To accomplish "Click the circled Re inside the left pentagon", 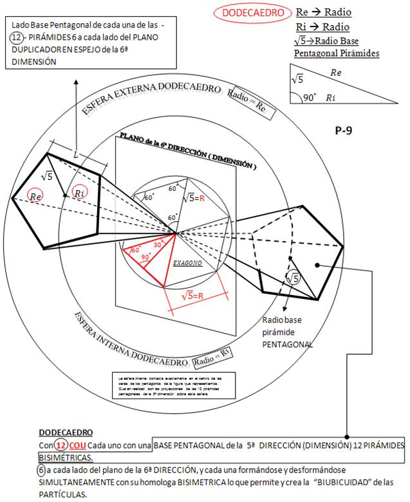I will pyautogui.click(x=37, y=193).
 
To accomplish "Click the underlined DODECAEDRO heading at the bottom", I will pyautogui.click(x=66, y=433).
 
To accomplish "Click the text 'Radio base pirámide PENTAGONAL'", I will pyautogui.click(x=286, y=332).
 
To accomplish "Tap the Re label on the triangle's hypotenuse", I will pyautogui.click(x=335, y=73).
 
